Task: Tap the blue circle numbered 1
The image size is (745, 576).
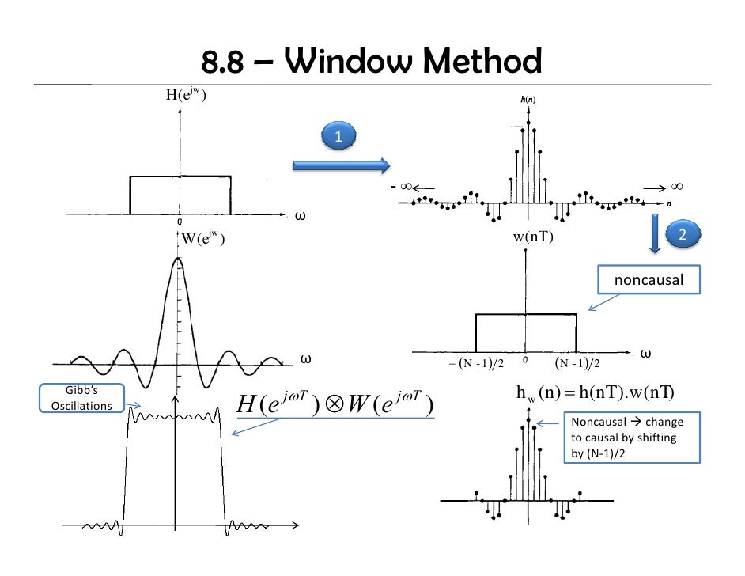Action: pos(338,137)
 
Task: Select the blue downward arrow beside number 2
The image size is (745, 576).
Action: pos(655,233)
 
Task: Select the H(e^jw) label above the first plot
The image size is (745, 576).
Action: pos(187,97)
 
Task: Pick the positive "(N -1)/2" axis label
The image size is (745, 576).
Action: pos(577,363)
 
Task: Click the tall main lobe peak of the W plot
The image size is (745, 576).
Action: pos(178,260)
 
